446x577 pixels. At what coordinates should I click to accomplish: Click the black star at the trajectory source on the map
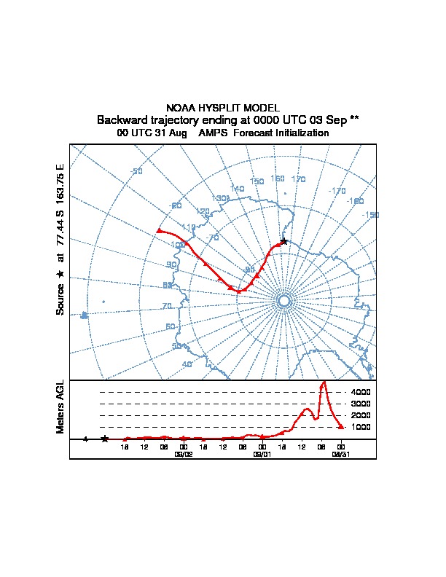click(x=283, y=241)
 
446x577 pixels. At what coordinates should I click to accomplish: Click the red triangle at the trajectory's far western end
click(x=159, y=231)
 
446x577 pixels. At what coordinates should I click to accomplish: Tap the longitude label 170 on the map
click(x=298, y=179)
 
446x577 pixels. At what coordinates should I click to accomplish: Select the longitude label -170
click(x=337, y=191)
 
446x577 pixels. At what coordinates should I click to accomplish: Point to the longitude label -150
click(x=370, y=215)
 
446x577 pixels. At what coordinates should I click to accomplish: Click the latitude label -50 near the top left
click(x=136, y=172)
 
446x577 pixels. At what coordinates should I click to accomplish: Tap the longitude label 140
click(x=237, y=189)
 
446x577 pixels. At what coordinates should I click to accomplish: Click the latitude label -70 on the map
click(x=213, y=238)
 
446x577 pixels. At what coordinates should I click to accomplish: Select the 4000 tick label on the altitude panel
click(x=361, y=392)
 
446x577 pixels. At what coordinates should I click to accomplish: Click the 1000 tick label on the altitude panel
click(x=361, y=427)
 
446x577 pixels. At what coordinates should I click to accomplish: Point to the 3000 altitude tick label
click(x=361, y=404)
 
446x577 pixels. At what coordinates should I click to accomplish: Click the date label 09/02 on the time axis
click(x=183, y=453)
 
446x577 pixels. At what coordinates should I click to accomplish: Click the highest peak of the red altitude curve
click(x=324, y=382)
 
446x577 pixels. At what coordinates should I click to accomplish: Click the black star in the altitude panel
click(x=105, y=439)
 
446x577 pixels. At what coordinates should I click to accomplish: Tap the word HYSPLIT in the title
click(x=233, y=108)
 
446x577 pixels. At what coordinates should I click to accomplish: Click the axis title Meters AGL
click(x=61, y=407)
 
